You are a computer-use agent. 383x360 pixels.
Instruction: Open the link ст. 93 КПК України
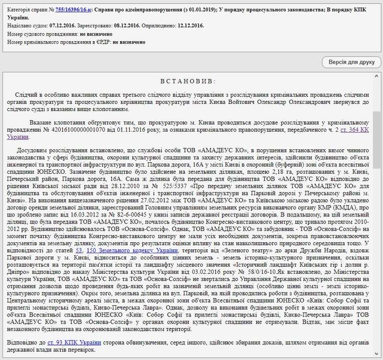pos(74,342)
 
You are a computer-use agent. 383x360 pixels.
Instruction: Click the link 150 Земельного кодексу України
pos(124,250)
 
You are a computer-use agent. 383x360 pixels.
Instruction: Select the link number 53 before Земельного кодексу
pos(79,250)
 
